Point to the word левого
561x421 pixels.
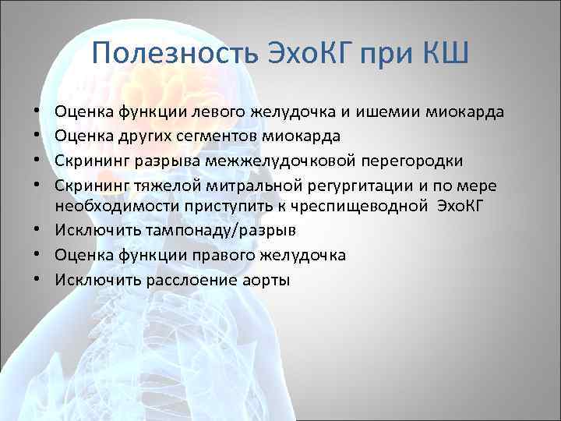[x=221, y=111]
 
